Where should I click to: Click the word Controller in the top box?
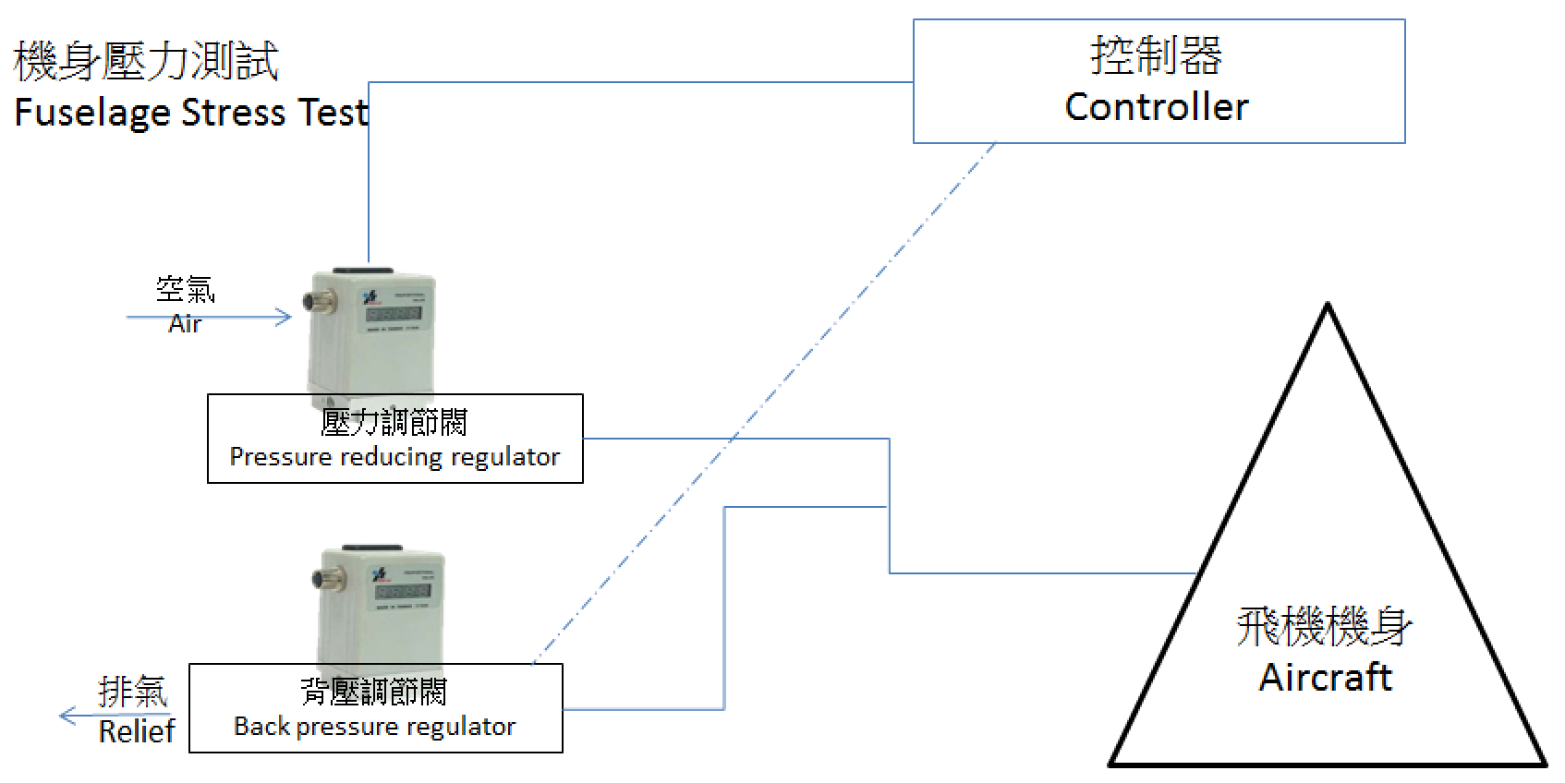point(1157,107)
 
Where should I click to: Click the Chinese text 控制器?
point(1157,55)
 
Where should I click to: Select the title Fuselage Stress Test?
point(191,113)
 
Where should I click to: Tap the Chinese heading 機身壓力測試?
point(146,61)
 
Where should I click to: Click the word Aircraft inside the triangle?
point(1325,677)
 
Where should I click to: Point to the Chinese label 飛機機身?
point(1324,627)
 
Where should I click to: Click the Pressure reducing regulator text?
point(394,457)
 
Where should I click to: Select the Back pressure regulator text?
point(374,727)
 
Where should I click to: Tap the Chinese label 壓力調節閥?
point(394,423)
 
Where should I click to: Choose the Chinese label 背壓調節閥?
point(374,692)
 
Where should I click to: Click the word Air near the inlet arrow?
point(185,324)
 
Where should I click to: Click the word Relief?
point(137,731)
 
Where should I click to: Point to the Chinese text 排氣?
point(133,692)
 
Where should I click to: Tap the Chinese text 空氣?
point(186,290)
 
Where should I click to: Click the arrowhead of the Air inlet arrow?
point(285,318)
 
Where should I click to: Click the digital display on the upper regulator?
point(394,314)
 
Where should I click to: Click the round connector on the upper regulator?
point(314,302)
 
